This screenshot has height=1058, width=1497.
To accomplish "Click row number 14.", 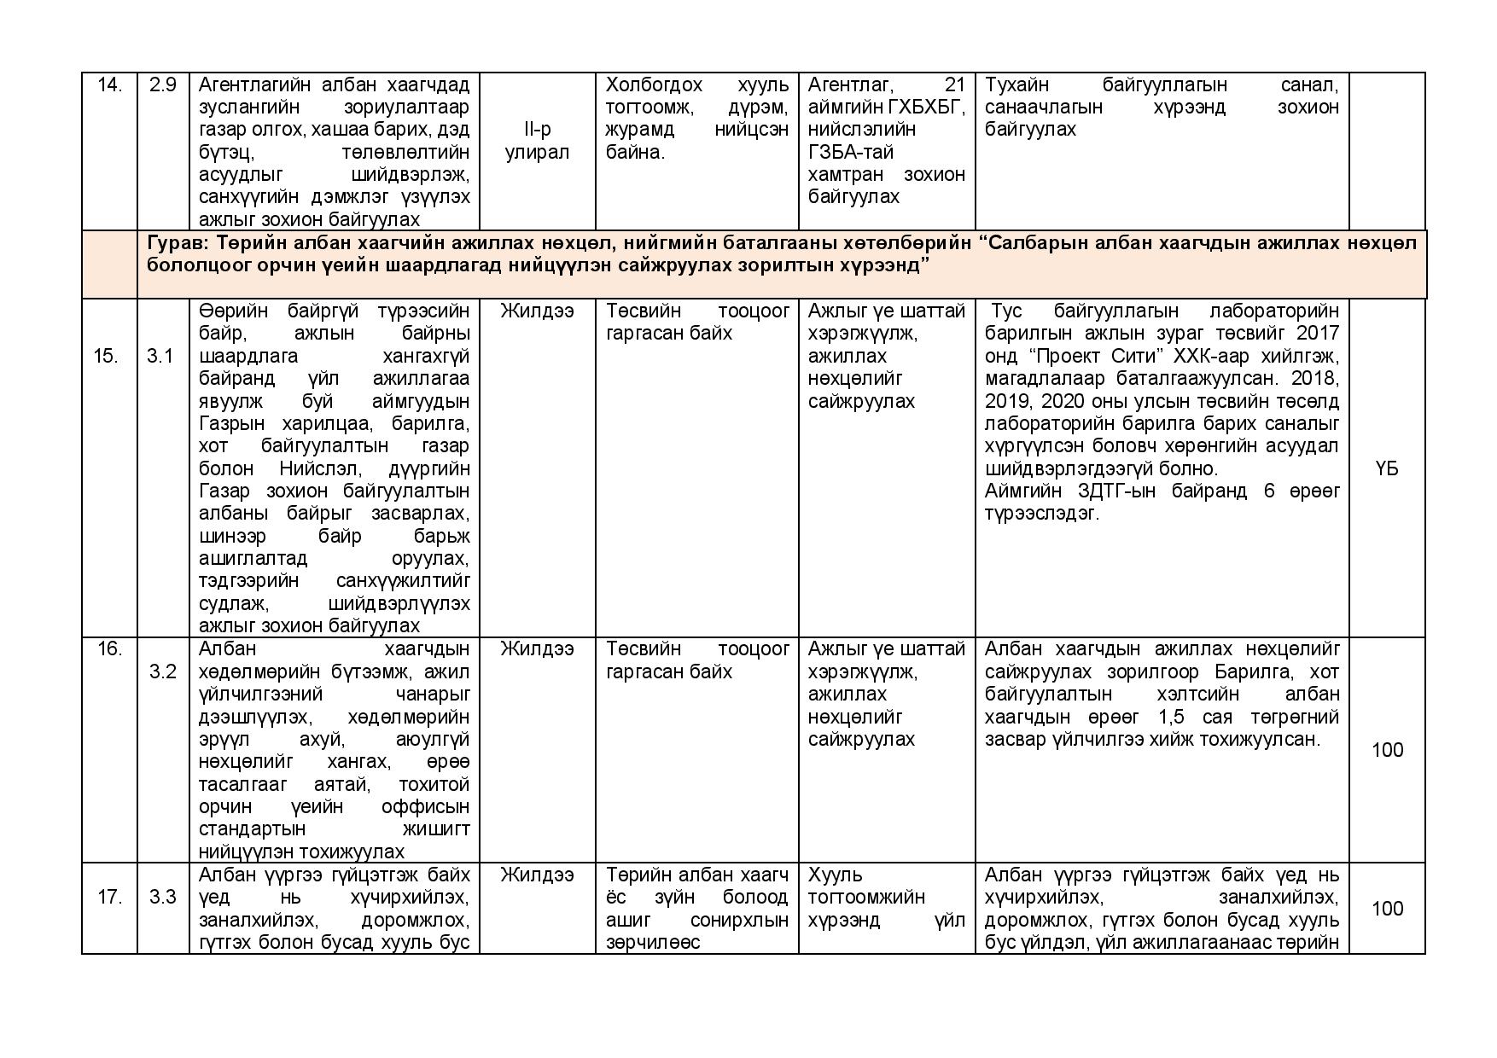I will [x=109, y=85].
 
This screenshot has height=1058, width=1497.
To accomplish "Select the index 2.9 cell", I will [x=162, y=85].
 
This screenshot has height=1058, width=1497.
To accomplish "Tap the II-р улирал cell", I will [x=537, y=141].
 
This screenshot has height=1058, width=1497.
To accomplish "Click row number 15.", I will [x=106, y=356].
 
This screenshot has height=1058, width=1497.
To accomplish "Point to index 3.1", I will [x=160, y=356].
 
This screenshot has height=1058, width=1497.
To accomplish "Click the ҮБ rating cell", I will [x=1387, y=468].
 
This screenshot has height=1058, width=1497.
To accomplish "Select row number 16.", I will [x=109, y=649].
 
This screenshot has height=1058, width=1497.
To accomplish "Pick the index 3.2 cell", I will [x=162, y=671].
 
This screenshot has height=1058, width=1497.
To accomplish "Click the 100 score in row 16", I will [x=1387, y=750].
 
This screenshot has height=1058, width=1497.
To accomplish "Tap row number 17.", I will [x=109, y=897].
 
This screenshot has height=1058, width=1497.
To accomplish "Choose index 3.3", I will [x=162, y=897].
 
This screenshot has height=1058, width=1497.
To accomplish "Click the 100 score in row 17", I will [x=1387, y=909].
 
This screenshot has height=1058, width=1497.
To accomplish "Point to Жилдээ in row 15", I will [x=537, y=311].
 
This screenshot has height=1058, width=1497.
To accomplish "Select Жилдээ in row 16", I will [x=537, y=649].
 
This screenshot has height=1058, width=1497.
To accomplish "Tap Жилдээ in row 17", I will [x=537, y=875].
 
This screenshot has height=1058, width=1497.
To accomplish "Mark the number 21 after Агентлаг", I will [x=955, y=85].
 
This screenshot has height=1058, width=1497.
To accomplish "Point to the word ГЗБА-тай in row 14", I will [x=844, y=152].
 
